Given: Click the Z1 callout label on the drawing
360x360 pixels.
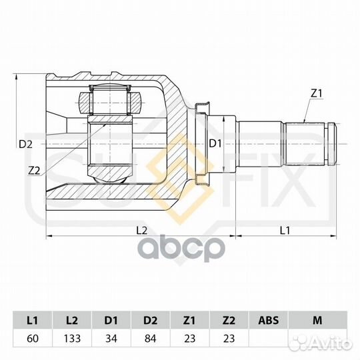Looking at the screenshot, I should [x=316, y=94].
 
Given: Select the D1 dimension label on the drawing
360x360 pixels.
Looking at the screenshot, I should [x=215, y=143].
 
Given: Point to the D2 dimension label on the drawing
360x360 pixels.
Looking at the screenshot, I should [x=25, y=144].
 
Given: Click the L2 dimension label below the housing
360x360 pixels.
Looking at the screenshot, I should [x=141, y=230].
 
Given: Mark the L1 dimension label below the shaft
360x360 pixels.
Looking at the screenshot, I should [x=285, y=230].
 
